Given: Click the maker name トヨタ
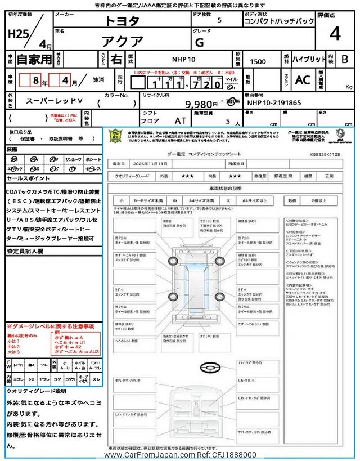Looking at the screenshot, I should point(123,21).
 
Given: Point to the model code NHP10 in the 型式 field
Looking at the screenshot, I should point(184,59).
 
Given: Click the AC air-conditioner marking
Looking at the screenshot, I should point(302,80).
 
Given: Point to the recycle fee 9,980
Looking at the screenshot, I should point(201,104).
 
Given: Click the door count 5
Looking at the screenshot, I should point(219,20).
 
